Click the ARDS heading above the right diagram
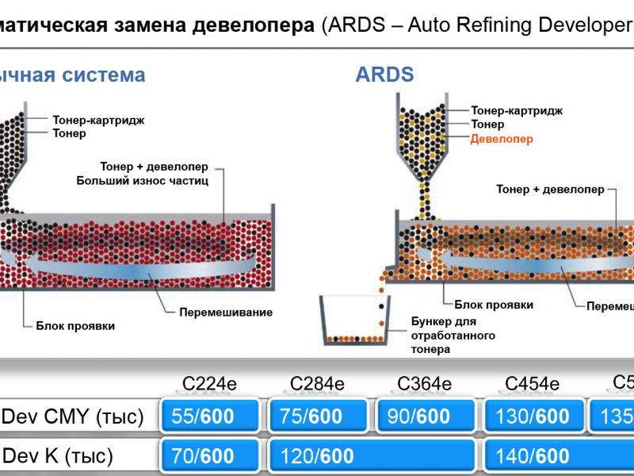click(384, 75)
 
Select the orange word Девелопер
click(502, 139)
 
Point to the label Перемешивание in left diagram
click(225, 312)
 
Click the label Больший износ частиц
click(142, 181)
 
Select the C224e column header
click(209, 385)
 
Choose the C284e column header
click(317, 385)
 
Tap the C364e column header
click(425, 385)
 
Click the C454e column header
click(532, 385)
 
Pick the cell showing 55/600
click(210, 416)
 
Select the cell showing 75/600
click(318, 416)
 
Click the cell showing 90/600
click(426, 416)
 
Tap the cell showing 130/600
click(533, 416)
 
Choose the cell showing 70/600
click(210, 456)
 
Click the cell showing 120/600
click(372, 456)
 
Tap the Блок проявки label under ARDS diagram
click(493, 305)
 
